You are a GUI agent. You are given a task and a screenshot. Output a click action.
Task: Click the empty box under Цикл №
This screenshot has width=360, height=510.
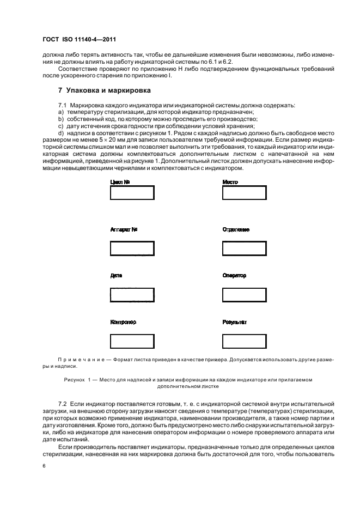132,193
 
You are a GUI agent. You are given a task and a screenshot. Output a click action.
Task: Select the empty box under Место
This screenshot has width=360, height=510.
244,193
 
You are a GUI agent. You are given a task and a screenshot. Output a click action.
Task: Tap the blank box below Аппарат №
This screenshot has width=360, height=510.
132,248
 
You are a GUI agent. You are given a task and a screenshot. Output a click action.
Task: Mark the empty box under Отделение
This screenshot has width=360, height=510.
244,248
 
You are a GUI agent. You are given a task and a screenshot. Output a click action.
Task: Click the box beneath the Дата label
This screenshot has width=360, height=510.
132,294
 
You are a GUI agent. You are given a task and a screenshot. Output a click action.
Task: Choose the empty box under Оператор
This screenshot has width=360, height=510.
244,294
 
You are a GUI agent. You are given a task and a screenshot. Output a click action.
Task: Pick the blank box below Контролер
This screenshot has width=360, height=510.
132,341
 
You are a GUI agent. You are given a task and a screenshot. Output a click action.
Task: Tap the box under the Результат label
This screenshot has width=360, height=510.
244,341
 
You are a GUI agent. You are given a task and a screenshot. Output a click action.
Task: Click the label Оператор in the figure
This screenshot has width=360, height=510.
234,276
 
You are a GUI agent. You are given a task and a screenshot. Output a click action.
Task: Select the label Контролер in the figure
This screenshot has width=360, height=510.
123,322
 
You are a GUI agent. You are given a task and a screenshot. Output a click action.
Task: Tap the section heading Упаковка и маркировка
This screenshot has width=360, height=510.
105,90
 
